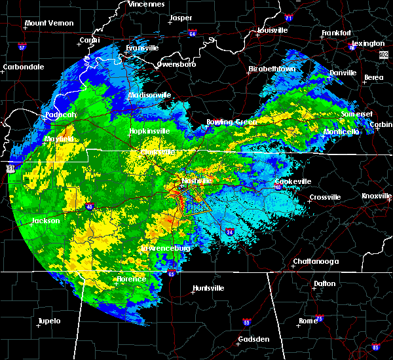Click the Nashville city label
pyautogui.click(x=196, y=180)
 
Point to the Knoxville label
pyautogui.click(x=377, y=196)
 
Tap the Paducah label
pyautogui.click(x=61, y=115)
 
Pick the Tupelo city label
pyautogui.click(x=48, y=321)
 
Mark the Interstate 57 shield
pyautogui.click(x=22, y=48)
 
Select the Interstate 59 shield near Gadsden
pyautogui.click(x=247, y=322)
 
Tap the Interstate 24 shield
pyautogui.click(x=229, y=232)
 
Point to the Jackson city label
pyautogui.click(x=46, y=221)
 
